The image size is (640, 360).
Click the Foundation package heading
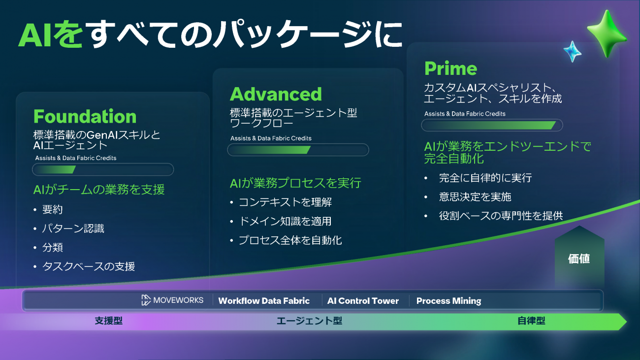pyautogui.click(x=85, y=117)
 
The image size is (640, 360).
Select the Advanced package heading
pyautogui.click(x=276, y=94)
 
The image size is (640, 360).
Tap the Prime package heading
pyautogui.click(x=450, y=68)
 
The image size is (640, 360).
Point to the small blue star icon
pyautogui.click(x=572, y=51)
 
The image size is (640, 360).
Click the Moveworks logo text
pyautogui.click(x=172, y=300)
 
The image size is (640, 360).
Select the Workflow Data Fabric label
pyautogui.click(x=264, y=300)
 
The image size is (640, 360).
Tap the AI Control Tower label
pyautogui.click(x=363, y=300)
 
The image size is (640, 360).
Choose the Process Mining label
pyautogui.click(x=448, y=300)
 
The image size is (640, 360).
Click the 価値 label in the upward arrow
pyautogui.click(x=579, y=259)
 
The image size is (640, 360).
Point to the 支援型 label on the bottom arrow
pyautogui.click(x=108, y=321)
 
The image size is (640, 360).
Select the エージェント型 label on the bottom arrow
pyautogui.click(x=309, y=321)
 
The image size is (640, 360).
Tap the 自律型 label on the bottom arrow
pyautogui.click(x=531, y=321)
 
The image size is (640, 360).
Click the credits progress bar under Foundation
pyautogui.click(x=103, y=169)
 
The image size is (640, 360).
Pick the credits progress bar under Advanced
pyautogui.click(x=298, y=150)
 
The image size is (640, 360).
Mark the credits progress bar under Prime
pyautogui.click(x=491, y=125)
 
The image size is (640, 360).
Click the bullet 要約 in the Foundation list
pyautogui.click(x=53, y=209)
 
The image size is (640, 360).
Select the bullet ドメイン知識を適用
pyautogui.click(x=285, y=221)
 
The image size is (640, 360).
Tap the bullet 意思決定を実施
pyautogui.click(x=475, y=197)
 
